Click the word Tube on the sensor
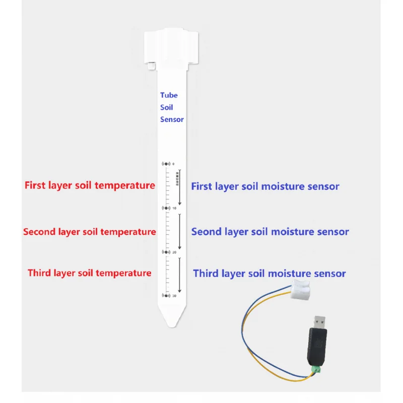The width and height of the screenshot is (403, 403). click(x=169, y=95)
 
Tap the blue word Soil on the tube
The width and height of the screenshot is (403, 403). click(x=167, y=107)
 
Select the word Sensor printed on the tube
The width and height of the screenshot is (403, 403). click(x=172, y=119)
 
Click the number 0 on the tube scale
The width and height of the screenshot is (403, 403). click(x=173, y=164)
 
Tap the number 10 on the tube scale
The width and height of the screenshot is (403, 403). click(x=174, y=208)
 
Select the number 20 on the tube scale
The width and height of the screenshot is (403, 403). click(x=174, y=252)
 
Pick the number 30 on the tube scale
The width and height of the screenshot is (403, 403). click(x=174, y=296)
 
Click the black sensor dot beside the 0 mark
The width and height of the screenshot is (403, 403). click(x=165, y=164)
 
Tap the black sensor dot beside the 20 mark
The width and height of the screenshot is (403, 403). click(x=165, y=252)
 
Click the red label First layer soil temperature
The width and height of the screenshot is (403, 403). click(x=90, y=185)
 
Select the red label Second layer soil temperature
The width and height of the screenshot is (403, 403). click(x=89, y=232)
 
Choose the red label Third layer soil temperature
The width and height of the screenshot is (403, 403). click(x=89, y=273)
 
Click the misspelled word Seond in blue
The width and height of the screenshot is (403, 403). click(x=205, y=232)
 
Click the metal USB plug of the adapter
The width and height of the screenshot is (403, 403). click(x=319, y=322)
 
